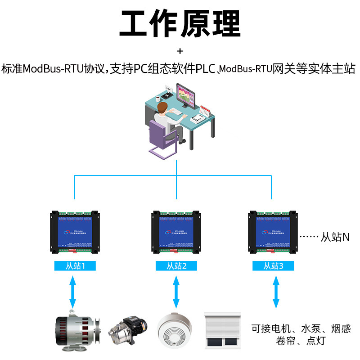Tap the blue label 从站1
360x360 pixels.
coord(75,266)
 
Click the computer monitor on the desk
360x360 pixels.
coord(185,95)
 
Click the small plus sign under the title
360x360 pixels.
coord(180,50)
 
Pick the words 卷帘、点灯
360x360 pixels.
coord(301,341)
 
